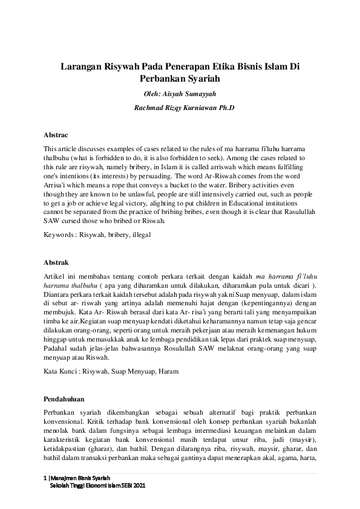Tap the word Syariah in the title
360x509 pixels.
tap(199, 79)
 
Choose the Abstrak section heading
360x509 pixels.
tap(56, 263)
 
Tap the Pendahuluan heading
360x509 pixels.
tap(64, 399)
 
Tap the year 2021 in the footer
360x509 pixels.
tap(139, 485)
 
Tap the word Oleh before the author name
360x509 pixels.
tap(152, 94)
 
